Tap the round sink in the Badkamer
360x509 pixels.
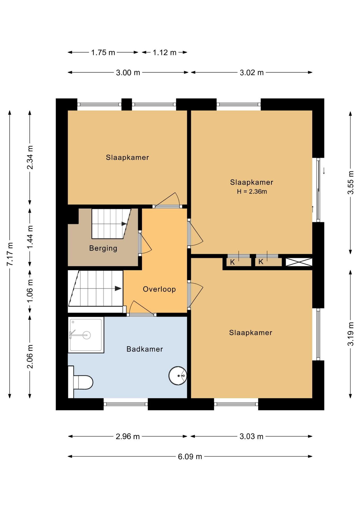pyautogui.click(x=178, y=375)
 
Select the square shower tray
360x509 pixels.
pyautogui.click(x=86, y=335)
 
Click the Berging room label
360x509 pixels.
pyautogui.click(x=103, y=248)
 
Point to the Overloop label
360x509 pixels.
pyautogui.click(x=159, y=289)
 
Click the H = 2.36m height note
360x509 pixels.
pyautogui.click(x=252, y=191)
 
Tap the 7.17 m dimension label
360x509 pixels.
pyautogui.click(x=10, y=254)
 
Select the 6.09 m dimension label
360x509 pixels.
pyautogui.click(x=190, y=457)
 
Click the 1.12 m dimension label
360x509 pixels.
pyautogui.click(x=164, y=52)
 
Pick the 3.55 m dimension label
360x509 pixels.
pyautogui.click(x=350, y=183)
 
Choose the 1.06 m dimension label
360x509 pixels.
pyautogui.click(x=30, y=291)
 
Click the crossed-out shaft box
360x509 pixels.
pyautogui.click(x=299, y=262)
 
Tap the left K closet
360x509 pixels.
pyautogui.click(x=239, y=262)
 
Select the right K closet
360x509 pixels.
pyautogui.click(x=268, y=262)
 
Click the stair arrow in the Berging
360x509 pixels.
pyautogui.click(x=124, y=224)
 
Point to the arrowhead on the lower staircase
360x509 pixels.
pyautogui.click(x=118, y=288)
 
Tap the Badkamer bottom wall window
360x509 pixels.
pyautogui.click(x=126, y=404)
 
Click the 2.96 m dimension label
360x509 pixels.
pyautogui.click(x=128, y=436)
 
